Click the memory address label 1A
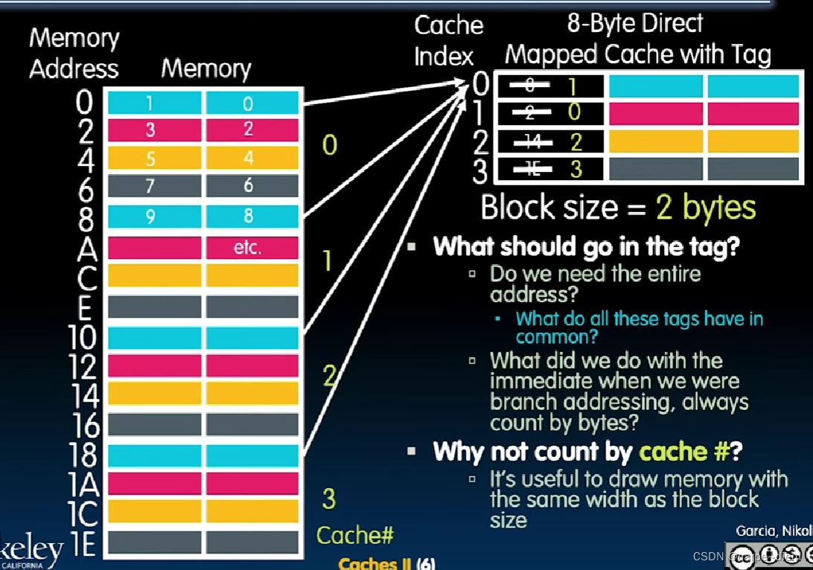83,485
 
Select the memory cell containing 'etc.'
248,247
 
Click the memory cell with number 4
248,158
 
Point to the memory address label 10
83,337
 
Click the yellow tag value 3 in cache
576,169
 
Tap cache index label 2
480,142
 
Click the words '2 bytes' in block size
705,208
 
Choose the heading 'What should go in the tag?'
586,246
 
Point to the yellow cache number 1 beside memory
327,261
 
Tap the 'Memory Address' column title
74,54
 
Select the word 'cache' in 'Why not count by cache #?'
673,451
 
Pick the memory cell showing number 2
248,129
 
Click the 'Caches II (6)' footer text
386,563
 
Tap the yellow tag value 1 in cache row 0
572,86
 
